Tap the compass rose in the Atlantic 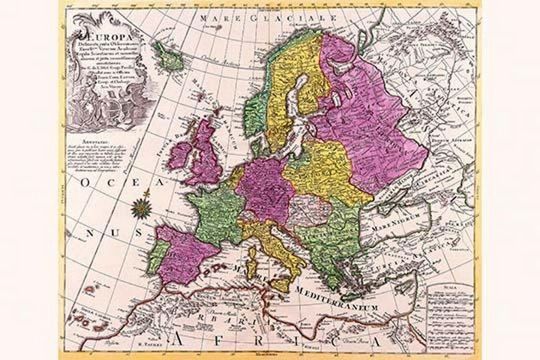coord(139,204)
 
